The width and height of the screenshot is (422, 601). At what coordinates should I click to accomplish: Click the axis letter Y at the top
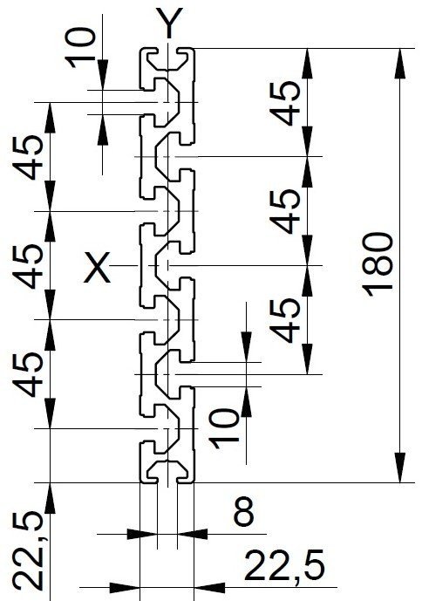click(169, 23)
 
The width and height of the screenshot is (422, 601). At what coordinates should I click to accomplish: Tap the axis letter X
click(97, 267)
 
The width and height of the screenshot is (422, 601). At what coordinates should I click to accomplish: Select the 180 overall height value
click(378, 265)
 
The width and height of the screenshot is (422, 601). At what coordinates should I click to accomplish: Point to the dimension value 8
click(243, 511)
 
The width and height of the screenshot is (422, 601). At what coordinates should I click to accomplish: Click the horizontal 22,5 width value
click(284, 566)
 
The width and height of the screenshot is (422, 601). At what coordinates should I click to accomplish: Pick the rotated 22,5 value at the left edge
click(28, 552)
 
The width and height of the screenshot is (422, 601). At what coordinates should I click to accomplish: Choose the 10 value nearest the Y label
click(80, 48)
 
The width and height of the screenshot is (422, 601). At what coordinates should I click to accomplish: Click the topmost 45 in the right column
click(284, 103)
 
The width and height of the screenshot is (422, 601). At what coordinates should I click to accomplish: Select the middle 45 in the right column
click(284, 211)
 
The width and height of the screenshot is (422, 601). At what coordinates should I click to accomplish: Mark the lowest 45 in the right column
click(284, 320)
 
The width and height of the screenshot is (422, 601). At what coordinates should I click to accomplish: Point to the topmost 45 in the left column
click(28, 157)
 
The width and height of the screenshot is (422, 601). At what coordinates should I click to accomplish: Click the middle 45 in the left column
click(28, 266)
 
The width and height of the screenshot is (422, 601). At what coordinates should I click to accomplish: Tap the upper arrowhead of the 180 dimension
click(400, 64)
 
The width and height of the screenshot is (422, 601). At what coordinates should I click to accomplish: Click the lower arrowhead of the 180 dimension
click(400, 468)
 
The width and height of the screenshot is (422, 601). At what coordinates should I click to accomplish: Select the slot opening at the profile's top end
click(167, 51)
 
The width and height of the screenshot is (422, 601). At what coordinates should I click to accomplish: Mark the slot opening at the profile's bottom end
click(167, 480)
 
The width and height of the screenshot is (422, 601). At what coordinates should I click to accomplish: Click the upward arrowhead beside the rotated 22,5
click(51, 498)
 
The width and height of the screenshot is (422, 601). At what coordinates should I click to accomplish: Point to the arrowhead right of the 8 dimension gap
click(193, 534)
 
